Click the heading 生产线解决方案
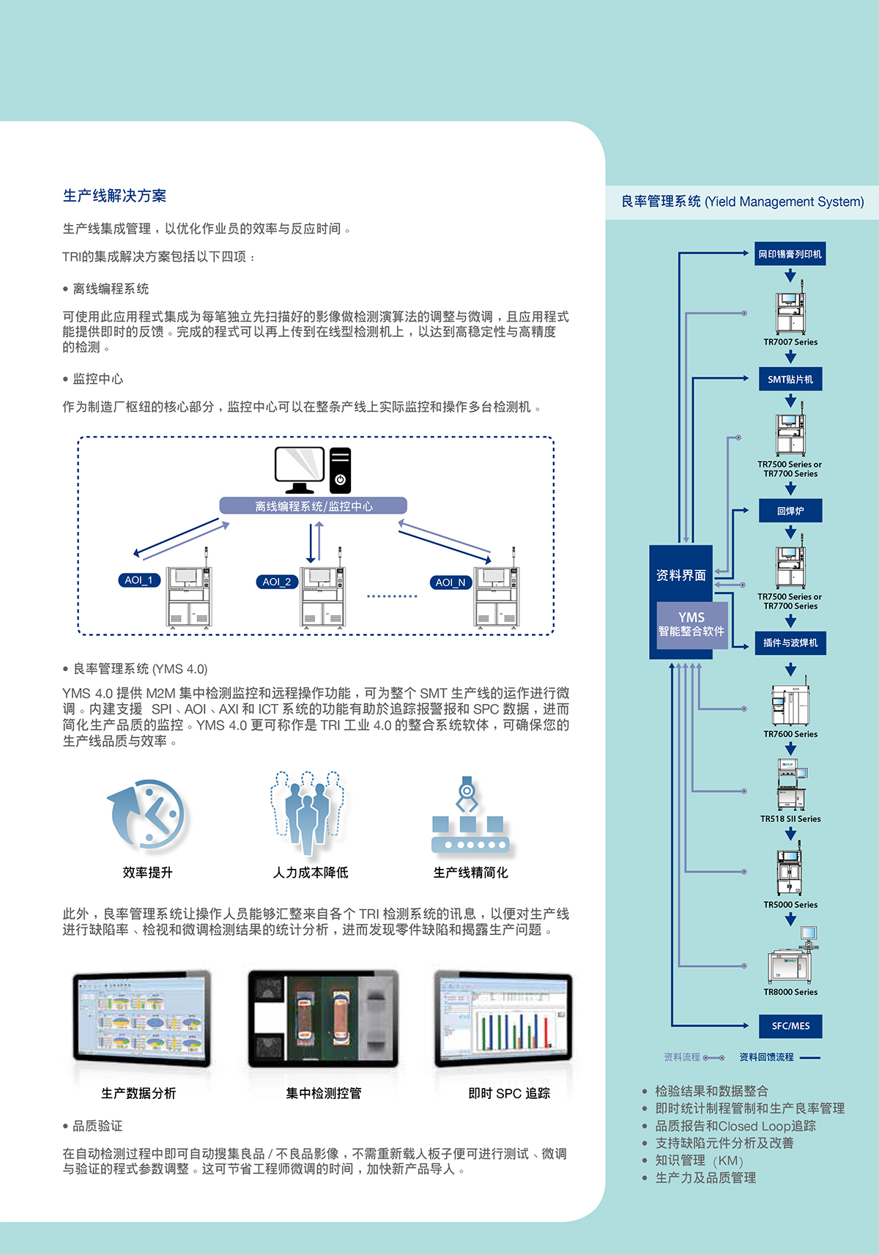(114, 196)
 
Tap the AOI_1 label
(138, 580)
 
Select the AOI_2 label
(277, 582)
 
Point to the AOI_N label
(450, 582)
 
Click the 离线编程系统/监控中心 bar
(313, 506)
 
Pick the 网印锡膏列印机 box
(790, 254)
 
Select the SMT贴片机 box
(790, 380)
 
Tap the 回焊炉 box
(790, 511)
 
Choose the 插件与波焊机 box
(790, 643)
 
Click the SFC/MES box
(790, 1026)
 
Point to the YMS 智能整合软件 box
(691, 624)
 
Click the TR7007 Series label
(790, 342)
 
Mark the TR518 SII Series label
(790, 819)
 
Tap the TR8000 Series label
(790, 992)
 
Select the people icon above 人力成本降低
(308, 812)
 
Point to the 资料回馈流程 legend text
(766, 1057)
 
